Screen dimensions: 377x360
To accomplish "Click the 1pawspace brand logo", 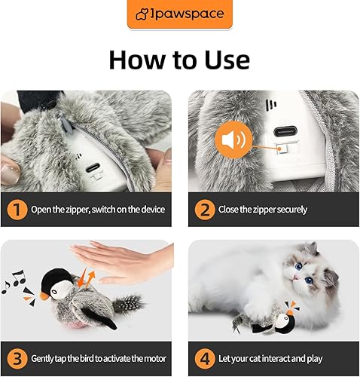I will click(x=179, y=14).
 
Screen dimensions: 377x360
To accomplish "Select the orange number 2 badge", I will click(x=203, y=209).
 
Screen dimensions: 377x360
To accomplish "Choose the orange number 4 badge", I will click(x=203, y=357).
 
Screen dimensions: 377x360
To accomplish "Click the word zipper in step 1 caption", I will click(x=78, y=209).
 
